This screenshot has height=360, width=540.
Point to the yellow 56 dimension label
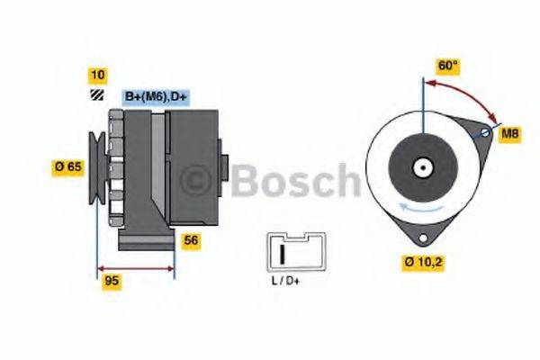pyautogui.click(x=191, y=239)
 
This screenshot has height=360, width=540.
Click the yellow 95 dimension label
pyautogui.click(x=112, y=281)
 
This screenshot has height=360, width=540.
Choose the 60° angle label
pyautogui.click(x=447, y=67)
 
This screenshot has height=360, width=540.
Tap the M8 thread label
pyautogui.click(x=509, y=135)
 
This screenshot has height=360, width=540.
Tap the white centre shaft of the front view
pyautogui.click(x=421, y=166)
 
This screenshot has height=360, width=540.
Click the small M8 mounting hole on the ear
pyautogui.click(x=486, y=134)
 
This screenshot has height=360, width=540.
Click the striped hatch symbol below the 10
pyautogui.click(x=95, y=95)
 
